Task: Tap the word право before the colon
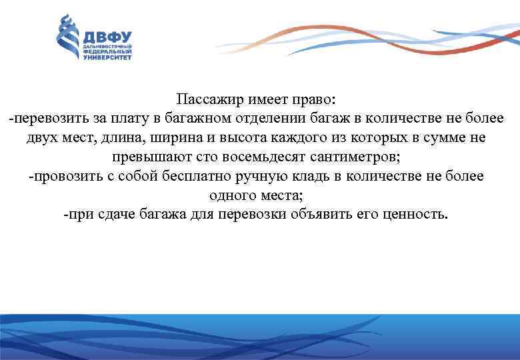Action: (316, 99)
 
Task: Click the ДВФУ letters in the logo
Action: (107, 37)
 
